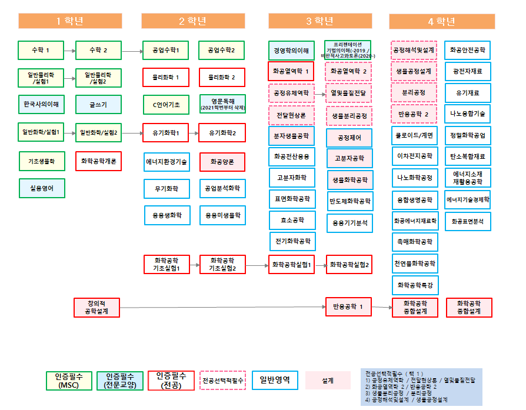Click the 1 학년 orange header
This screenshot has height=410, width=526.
(x=69, y=21)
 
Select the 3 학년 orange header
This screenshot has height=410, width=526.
(x=320, y=21)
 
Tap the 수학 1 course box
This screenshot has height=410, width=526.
(x=41, y=51)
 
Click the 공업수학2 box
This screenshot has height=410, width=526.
(x=222, y=51)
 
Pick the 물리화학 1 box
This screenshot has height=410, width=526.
(x=166, y=78)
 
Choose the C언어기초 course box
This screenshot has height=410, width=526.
(x=166, y=105)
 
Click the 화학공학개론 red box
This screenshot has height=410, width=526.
(x=98, y=161)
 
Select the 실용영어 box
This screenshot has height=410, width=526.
(x=41, y=188)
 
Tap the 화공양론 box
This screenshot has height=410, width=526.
(x=222, y=161)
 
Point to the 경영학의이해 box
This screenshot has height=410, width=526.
(x=291, y=51)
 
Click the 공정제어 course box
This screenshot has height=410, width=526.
(x=349, y=137)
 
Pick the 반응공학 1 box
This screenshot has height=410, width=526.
(x=349, y=306)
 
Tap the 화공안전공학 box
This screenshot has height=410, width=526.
(x=468, y=51)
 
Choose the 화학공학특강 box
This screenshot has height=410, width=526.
(x=415, y=285)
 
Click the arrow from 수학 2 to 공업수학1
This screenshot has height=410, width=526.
(x=132, y=51)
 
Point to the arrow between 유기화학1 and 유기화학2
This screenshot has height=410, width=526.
(x=194, y=133)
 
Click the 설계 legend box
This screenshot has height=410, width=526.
(x=328, y=381)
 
